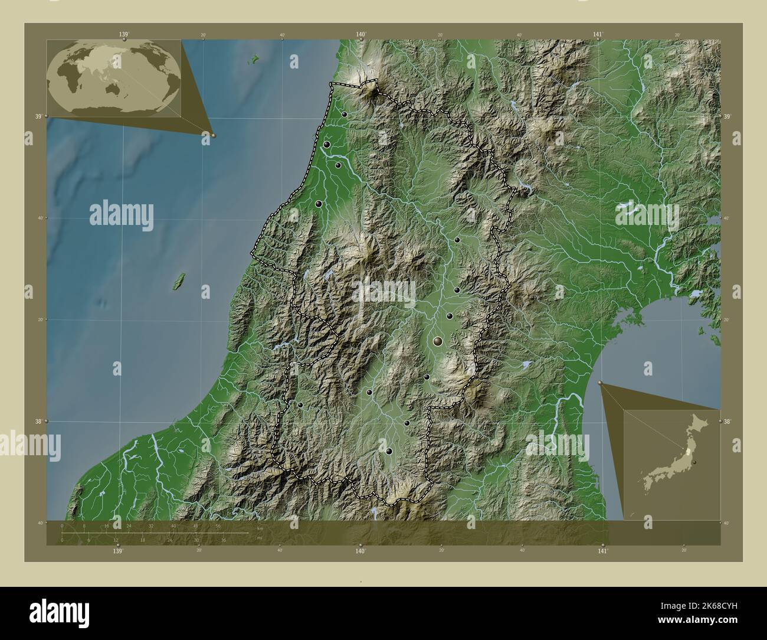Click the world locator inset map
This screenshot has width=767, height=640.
(114, 78)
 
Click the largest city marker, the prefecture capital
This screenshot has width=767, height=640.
(437, 341)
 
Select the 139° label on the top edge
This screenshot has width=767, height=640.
(124, 35)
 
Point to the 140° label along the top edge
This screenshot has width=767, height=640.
(361, 35)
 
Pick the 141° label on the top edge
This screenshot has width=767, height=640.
(598, 35)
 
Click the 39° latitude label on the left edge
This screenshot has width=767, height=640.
(38, 116)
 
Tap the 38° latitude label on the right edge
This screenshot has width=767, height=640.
(727, 422)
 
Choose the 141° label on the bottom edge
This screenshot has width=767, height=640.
(602, 551)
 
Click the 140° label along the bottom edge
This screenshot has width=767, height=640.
(360, 551)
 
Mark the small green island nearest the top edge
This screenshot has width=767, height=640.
(255, 58)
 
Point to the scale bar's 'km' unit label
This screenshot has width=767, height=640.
(260, 528)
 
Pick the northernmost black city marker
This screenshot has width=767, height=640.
(344, 115)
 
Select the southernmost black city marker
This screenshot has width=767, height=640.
(389, 451)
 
